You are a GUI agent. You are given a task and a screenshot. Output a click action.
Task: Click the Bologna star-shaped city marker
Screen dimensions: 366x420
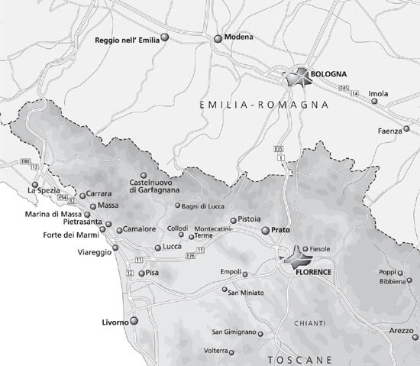(296, 77)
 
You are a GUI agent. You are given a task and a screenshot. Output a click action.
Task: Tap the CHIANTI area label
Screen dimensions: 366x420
(309, 324)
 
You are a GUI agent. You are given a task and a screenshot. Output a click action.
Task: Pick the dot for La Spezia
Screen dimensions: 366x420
(35, 183)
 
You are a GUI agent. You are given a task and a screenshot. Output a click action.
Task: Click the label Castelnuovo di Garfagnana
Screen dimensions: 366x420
(155, 186)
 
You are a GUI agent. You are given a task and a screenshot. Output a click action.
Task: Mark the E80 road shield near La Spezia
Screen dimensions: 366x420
(27, 162)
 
